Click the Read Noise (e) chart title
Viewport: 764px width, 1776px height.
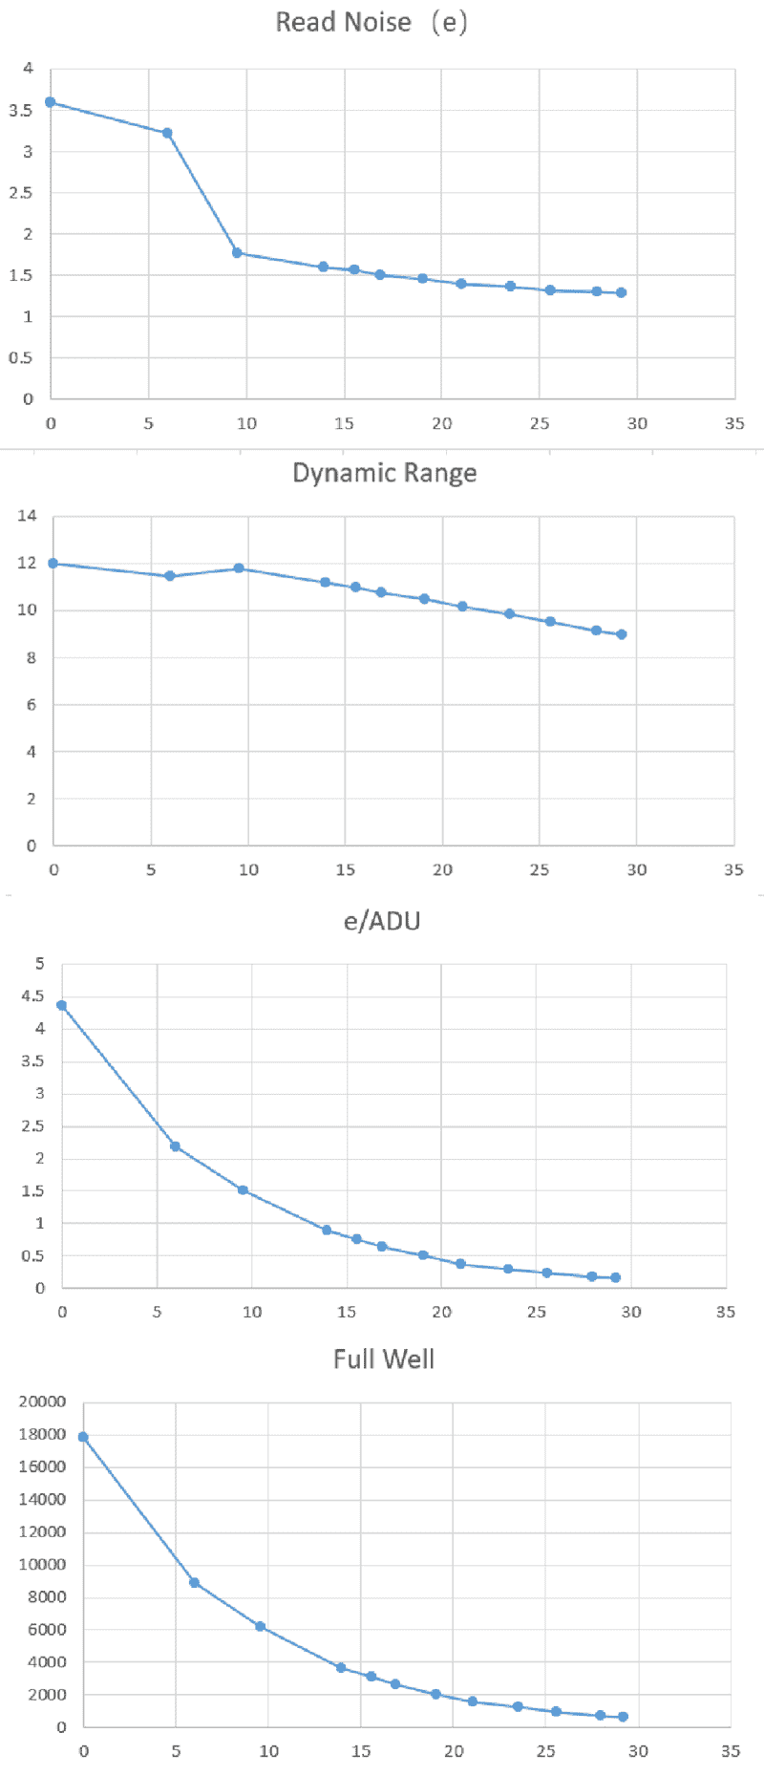click(371, 22)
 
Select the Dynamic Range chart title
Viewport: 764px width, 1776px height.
click(384, 473)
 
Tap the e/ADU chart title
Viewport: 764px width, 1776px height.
click(382, 921)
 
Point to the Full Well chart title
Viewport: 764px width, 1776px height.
click(383, 1359)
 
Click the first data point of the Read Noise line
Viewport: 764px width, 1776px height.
click(51, 102)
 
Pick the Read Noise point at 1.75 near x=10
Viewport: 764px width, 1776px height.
click(237, 253)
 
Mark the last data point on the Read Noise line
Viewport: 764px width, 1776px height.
click(621, 292)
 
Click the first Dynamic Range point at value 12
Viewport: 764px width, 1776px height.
click(53, 564)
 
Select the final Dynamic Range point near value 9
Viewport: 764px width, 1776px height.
click(622, 634)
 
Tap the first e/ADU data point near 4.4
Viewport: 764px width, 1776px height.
click(62, 1005)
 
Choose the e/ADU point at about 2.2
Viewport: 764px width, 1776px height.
click(175, 1146)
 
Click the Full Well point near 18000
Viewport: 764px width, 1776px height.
click(83, 1437)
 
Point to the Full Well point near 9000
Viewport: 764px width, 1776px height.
click(194, 1583)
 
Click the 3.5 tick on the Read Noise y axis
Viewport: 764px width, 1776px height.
click(21, 110)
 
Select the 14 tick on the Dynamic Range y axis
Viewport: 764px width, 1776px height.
click(27, 516)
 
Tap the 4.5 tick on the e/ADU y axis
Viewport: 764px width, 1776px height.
click(33, 996)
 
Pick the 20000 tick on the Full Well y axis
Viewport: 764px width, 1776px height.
click(43, 1402)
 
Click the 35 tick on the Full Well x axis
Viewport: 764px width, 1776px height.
click(731, 1751)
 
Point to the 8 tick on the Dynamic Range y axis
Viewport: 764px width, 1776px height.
click(32, 657)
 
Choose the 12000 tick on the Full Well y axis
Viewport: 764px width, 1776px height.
click(43, 1531)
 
